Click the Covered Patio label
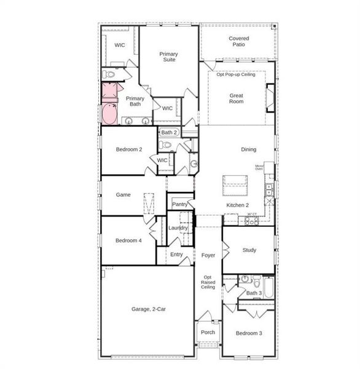[x=239, y=42]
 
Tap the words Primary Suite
[x=168, y=57]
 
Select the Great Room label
[x=237, y=98]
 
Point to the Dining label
[x=249, y=149]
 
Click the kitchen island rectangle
[x=235, y=180]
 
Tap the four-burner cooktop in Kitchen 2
[x=252, y=220]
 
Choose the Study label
[x=249, y=250]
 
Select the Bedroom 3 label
[x=248, y=333]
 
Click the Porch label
[x=208, y=332]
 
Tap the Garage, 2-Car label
[x=149, y=309]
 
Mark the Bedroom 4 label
[x=128, y=240]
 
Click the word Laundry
[x=178, y=228]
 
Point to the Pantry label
[x=179, y=204]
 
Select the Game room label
[x=123, y=194]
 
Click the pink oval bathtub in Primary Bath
[x=109, y=114]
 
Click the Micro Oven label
[x=260, y=168]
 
